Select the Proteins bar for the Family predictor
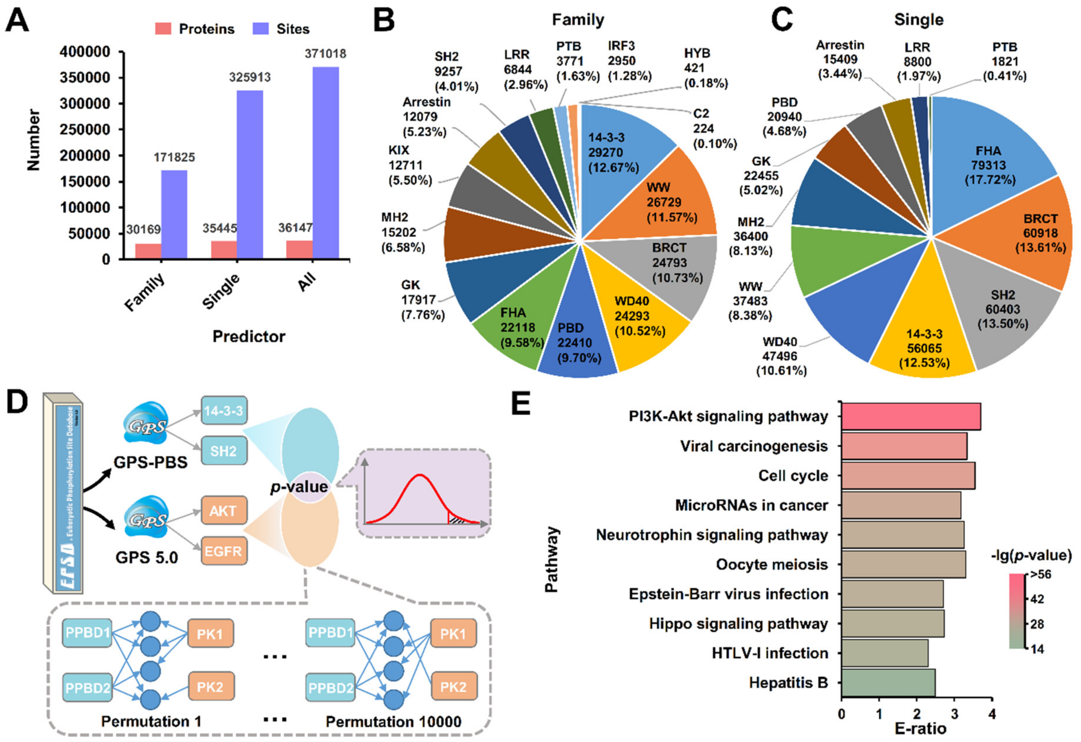[148, 251]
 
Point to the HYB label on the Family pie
[697, 53]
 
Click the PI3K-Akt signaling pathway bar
[910, 416]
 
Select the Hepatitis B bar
[888, 683]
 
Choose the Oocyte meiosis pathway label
[772, 564]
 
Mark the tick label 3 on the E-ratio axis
[954, 714]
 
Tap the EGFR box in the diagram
[223, 552]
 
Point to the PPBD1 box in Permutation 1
[87, 633]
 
